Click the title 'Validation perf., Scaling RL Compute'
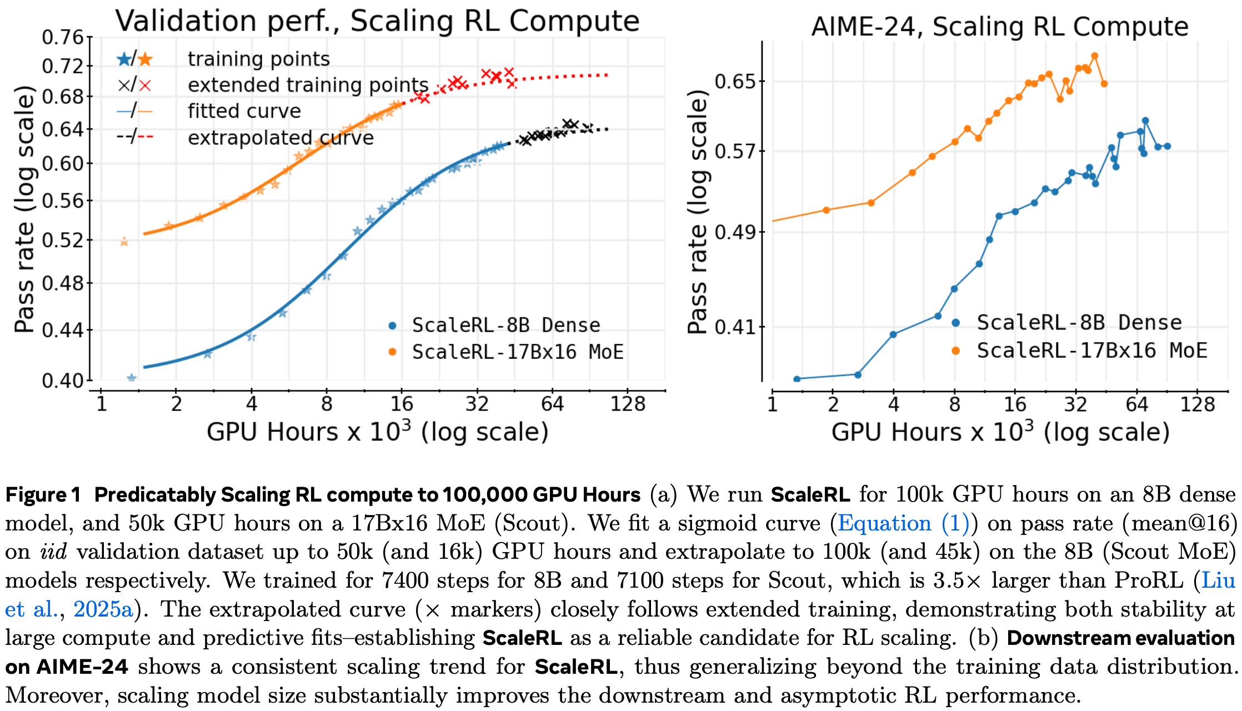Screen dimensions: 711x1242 377,21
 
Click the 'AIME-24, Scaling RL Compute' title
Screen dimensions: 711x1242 999,27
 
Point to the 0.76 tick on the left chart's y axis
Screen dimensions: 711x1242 62,38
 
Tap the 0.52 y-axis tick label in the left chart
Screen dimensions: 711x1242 62,241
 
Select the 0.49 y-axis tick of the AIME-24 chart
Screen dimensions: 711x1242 735,232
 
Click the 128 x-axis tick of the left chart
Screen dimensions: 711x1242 628,404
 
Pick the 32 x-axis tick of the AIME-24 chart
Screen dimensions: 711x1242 1075,404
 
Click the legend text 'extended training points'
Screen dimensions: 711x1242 308,85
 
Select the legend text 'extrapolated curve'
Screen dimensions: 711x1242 281,138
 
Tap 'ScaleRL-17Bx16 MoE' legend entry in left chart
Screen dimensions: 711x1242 517,352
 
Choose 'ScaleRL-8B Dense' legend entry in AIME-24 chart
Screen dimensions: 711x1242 1079,323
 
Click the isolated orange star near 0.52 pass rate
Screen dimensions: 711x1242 124,242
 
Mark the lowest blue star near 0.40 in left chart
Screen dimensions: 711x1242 132,378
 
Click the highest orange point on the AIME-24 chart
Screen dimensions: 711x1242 1094,56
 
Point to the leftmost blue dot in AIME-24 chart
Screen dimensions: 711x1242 797,379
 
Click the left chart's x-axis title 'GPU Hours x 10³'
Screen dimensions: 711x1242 377,432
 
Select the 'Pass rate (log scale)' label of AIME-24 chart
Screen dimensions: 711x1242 698,211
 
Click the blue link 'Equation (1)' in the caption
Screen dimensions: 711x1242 903,523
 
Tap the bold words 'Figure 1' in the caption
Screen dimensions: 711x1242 43,494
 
